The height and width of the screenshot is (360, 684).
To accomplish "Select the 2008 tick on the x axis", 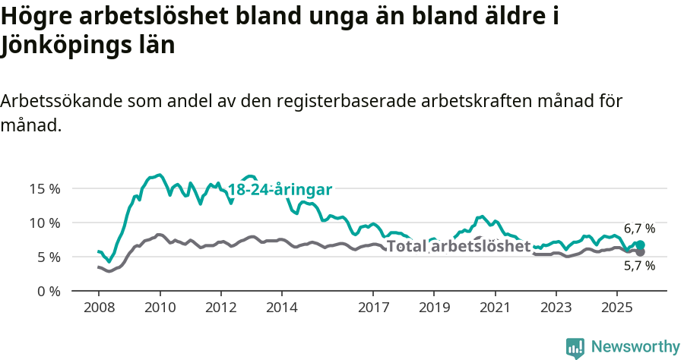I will pos(99,309).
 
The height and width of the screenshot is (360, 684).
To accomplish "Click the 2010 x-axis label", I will pos(160,309).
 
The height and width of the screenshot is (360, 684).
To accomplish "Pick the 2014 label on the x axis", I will pos(281,309).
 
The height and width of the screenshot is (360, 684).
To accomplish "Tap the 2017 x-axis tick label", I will pos(373,309).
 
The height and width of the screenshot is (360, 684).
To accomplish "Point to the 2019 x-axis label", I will pos(434,309).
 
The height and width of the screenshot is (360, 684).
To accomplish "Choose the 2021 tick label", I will pos(495,309).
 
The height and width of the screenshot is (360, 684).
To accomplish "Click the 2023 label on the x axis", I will pos(556,309).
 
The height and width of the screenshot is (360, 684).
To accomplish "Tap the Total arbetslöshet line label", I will pos(458,246).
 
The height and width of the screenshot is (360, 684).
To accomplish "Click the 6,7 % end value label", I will pos(639,229).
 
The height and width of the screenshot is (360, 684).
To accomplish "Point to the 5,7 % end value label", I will pos(639,266).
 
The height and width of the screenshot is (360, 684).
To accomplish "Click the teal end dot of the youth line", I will pos(641,245).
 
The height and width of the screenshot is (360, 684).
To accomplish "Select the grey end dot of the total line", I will pos(641,252).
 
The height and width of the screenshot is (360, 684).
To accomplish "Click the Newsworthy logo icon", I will pos(575,348).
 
